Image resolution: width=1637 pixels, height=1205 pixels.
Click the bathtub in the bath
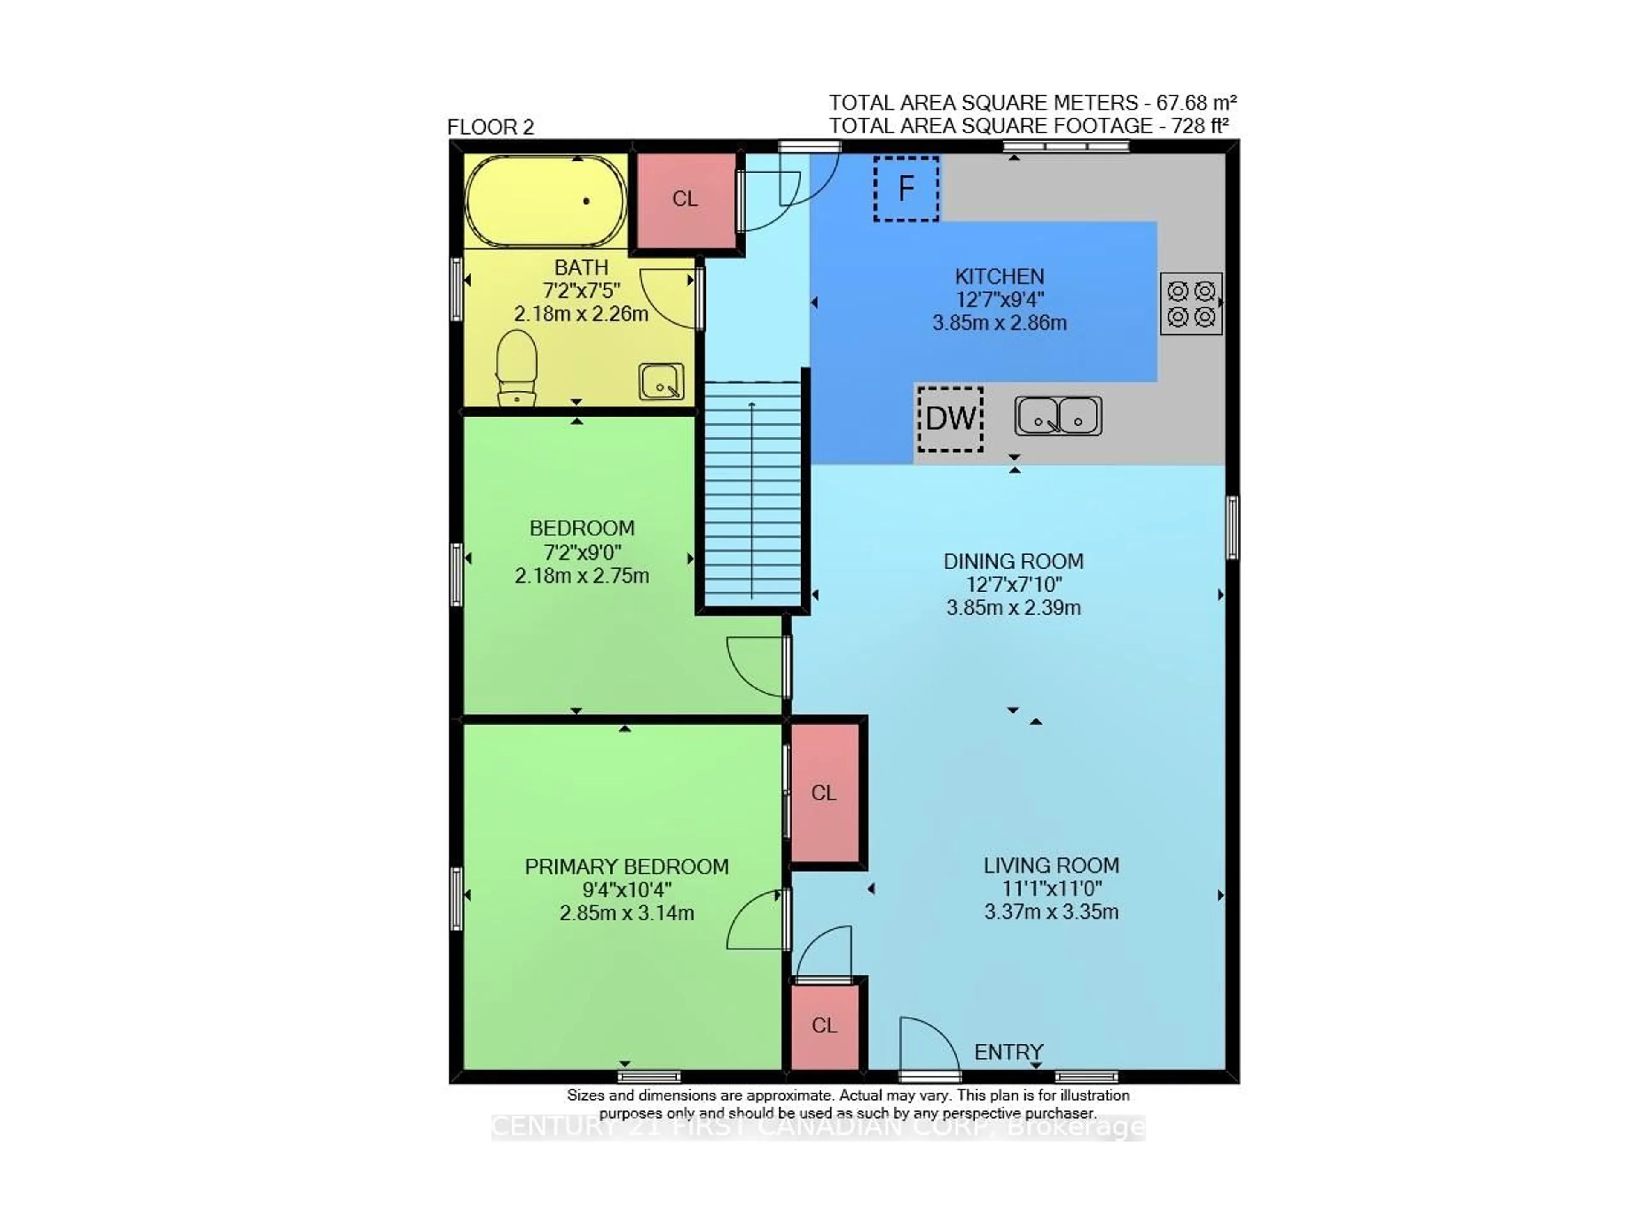[545, 201]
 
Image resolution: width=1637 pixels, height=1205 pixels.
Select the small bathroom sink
[661, 382]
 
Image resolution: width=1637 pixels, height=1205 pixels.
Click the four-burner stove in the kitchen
[1190, 303]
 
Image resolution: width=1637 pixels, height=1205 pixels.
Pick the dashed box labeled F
[906, 189]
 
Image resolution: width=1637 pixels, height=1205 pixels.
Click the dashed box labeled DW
[950, 419]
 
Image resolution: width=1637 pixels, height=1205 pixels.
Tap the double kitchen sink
[1058, 416]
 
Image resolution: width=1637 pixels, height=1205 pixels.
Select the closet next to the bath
[685, 199]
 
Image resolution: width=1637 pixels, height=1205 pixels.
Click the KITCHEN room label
[999, 276]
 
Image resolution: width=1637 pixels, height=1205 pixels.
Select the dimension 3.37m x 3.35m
[1051, 912]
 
